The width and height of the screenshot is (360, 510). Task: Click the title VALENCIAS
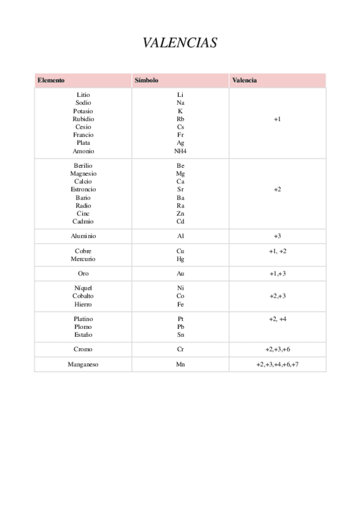[x=180, y=43]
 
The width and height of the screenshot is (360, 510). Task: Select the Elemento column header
[x=51, y=80]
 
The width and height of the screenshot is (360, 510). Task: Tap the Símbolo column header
[x=147, y=80]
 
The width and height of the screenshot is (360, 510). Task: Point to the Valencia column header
[x=245, y=80]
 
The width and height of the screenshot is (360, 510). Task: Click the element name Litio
[x=84, y=95]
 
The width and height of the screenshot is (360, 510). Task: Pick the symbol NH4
[x=180, y=152]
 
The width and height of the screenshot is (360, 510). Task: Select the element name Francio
[x=84, y=135]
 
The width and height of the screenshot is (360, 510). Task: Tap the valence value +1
[x=277, y=119]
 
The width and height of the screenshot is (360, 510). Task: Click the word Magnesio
[x=84, y=174]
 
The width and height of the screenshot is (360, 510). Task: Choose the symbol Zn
[x=180, y=214]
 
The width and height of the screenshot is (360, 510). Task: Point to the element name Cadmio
[x=84, y=221]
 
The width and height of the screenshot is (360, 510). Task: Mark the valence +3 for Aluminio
[x=277, y=236]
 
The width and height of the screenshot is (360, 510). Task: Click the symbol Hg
[x=180, y=259]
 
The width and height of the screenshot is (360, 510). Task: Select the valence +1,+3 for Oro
[x=277, y=274]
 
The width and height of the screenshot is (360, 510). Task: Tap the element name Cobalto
[x=84, y=296]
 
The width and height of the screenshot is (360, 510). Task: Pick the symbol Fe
[x=180, y=304]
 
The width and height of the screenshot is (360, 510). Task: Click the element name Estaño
[x=84, y=334]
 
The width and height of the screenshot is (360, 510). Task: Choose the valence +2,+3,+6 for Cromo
[x=277, y=349]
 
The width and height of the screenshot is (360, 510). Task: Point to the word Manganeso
[x=84, y=364]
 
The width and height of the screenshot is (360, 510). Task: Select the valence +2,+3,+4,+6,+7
[x=277, y=364]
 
